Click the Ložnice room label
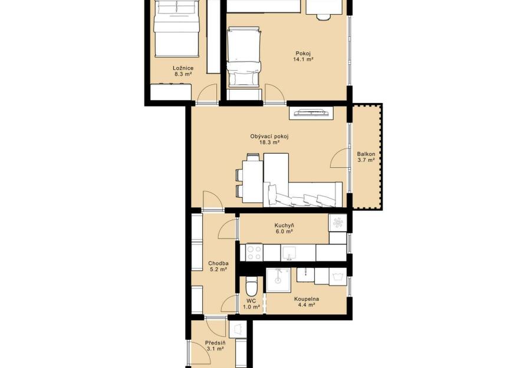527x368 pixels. pyautogui.click(x=183, y=68)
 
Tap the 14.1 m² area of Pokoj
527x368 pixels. pyautogui.click(x=303, y=59)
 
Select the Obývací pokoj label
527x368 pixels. pyautogui.click(x=269, y=137)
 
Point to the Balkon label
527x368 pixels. pyautogui.click(x=366, y=154)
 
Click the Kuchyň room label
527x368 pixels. pyautogui.click(x=284, y=226)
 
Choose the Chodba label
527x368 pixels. pyautogui.click(x=219, y=263)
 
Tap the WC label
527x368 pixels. pyautogui.click(x=251, y=301)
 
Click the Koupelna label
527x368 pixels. pyautogui.click(x=307, y=299)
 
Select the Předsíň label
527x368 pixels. pyautogui.click(x=215, y=343)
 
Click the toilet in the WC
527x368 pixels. pyautogui.click(x=251, y=286)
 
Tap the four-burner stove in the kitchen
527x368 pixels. pyautogui.click(x=255, y=253)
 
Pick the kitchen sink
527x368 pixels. pyautogui.click(x=289, y=253)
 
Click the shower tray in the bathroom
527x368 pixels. pyautogui.click(x=278, y=280)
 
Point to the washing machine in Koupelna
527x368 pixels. pyautogui.click(x=337, y=277)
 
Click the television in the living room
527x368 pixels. pyautogui.click(x=311, y=113)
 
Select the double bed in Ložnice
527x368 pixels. pyautogui.click(x=177, y=28)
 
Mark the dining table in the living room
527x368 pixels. pyautogui.click(x=253, y=182)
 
